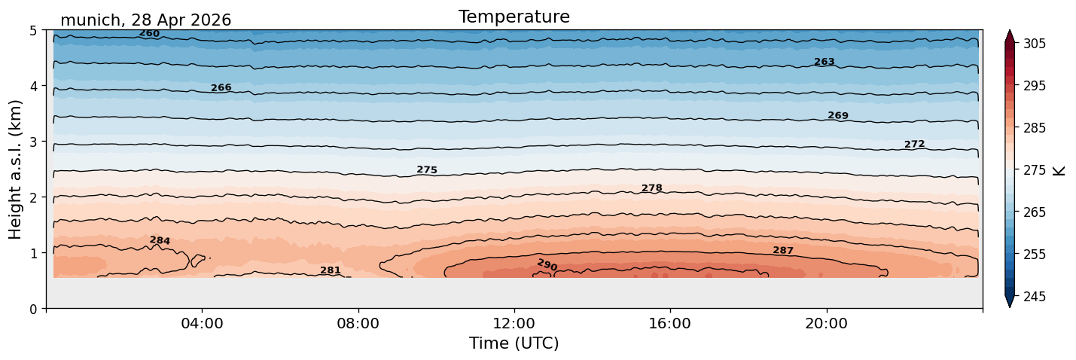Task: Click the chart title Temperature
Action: point(514,17)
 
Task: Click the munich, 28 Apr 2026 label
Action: point(145,20)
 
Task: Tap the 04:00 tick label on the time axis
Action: point(203,323)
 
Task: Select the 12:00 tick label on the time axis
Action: point(514,323)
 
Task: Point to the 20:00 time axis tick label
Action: point(826,323)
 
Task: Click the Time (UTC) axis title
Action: point(514,343)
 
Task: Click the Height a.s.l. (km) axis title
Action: point(15,169)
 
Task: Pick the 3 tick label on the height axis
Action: point(33,142)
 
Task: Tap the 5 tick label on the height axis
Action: point(33,31)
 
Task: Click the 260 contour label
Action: point(149,34)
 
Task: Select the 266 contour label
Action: point(221,87)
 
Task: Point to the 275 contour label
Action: point(427,169)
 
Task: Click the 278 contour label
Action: point(652,188)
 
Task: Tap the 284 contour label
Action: point(160,240)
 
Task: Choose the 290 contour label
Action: point(547,264)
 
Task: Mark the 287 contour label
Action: point(783,250)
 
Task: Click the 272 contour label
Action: point(915,144)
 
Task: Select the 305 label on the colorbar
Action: point(1035,44)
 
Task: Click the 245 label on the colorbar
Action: point(1035,297)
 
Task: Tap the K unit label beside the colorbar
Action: point(1058,171)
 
